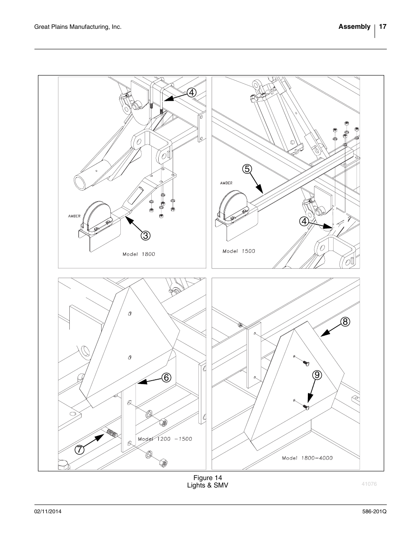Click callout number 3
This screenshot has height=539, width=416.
click(x=146, y=236)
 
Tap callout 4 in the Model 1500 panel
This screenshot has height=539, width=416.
click(x=304, y=221)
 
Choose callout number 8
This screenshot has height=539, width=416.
click(x=345, y=322)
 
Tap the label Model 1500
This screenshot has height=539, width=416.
click(x=239, y=251)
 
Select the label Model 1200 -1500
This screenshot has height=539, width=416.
click(x=165, y=439)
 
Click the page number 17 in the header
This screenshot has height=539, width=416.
click(x=382, y=27)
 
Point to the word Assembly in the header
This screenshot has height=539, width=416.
click(x=354, y=27)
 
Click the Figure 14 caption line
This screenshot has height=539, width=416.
click(x=208, y=478)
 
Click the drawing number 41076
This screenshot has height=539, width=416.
click(x=369, y=484)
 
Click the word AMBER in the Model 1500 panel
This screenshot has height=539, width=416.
click(x=226, y=183)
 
